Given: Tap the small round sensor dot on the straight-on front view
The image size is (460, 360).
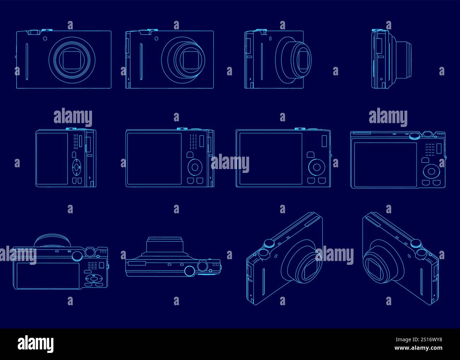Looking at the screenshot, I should pyautogui.click(x=45, y=38).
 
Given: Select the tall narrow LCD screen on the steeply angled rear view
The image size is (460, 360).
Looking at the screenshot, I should pyautogui.click(x=52, y=158).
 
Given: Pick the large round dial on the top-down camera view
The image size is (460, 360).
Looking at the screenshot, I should pyautogui.click(x=190, y=271).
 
